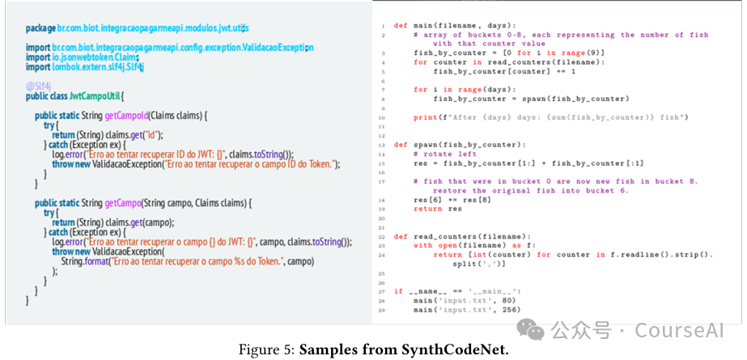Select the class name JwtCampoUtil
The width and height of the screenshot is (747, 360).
pos(96,95)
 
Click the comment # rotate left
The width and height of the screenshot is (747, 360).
pos(444,154)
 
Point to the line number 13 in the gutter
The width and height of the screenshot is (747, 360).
pos(382,145)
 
